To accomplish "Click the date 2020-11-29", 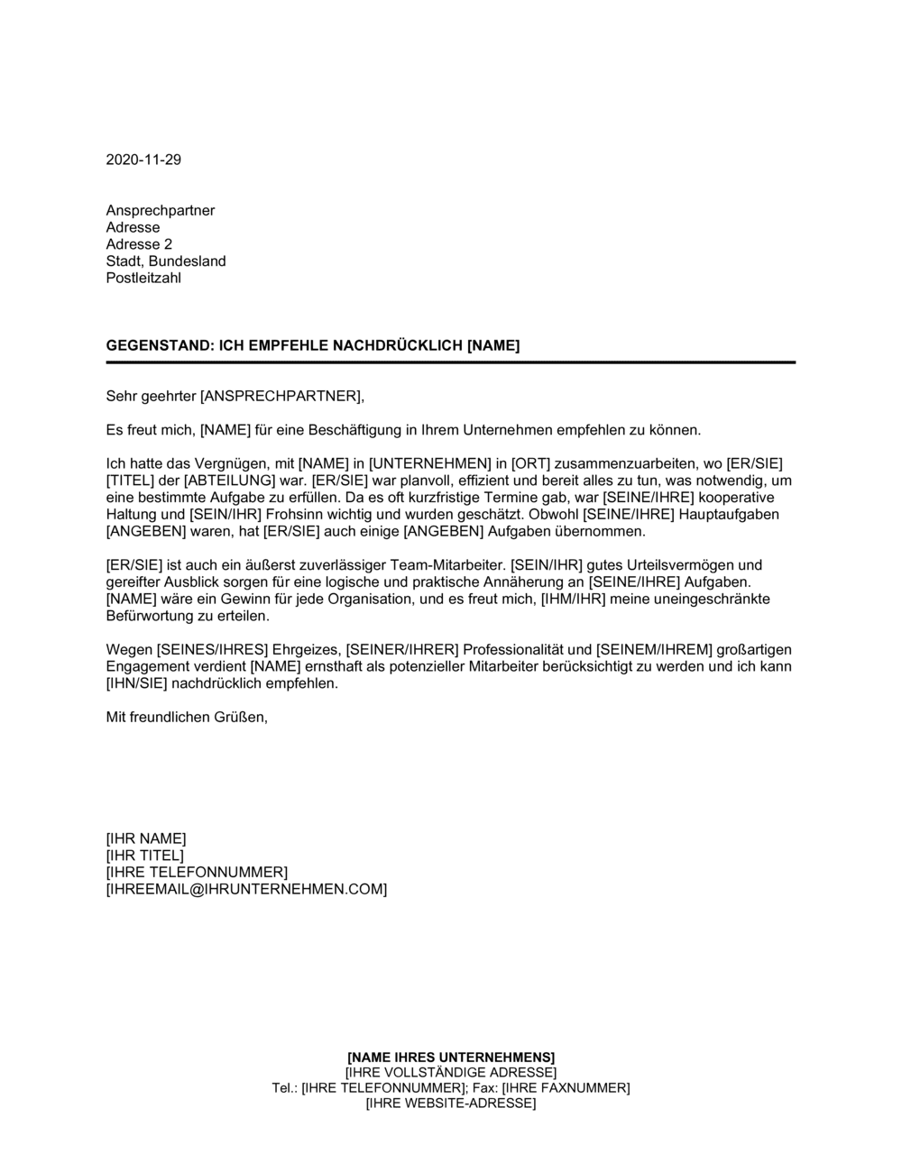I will [143, 160].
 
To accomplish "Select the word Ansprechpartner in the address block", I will [161, 211].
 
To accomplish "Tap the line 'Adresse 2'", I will [139, 244].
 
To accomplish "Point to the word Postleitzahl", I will [143, 278].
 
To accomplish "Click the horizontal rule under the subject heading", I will [451, 362].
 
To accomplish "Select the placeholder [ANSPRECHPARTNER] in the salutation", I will [280, 396].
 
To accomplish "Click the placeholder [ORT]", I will [529, 463].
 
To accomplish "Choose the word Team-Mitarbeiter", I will [449, 565].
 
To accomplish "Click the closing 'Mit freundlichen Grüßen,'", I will [187, 717].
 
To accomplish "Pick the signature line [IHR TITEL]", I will [144, 856].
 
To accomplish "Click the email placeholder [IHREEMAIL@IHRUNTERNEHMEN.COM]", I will [246, 890].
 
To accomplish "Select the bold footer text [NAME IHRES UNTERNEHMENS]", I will [451, 1057].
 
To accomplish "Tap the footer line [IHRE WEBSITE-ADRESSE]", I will [451, 1103].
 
